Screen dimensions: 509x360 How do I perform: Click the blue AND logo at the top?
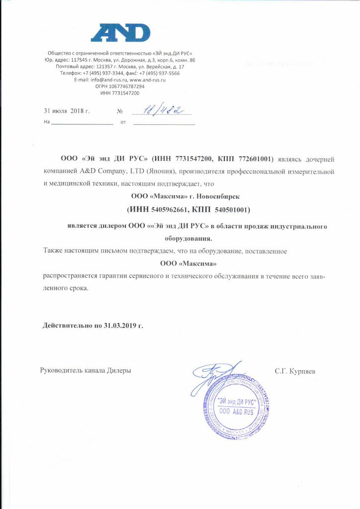click(x=120, y=33)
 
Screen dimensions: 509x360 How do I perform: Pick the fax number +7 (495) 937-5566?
click(x=160, y=73)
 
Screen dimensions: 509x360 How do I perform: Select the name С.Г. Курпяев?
click(x=294, y=371)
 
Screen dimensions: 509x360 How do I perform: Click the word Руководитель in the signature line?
click(x=63, y=371)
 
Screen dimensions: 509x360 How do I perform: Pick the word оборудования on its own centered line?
click(x=184, y=238)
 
